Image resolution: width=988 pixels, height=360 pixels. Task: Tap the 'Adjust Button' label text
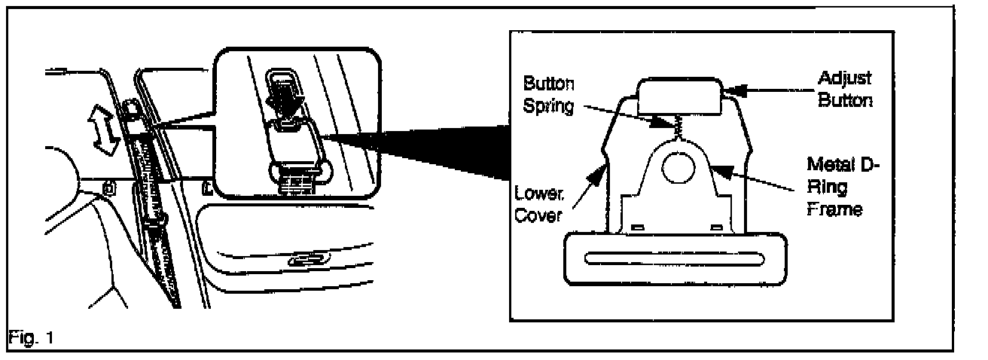845,88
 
